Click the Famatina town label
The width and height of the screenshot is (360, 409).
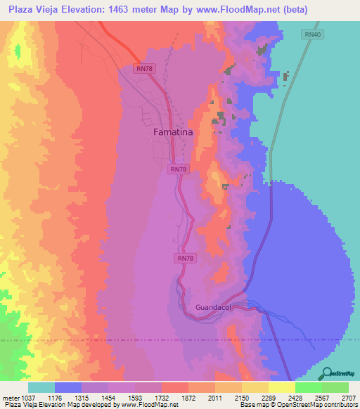173,131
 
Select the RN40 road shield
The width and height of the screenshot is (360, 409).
311,34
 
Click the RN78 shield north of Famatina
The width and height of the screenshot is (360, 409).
144,68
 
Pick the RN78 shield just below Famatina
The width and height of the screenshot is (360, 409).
179,169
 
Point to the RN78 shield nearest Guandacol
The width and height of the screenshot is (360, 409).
185,259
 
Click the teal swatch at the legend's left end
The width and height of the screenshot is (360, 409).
41,387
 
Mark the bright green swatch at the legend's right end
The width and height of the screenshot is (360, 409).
335,387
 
